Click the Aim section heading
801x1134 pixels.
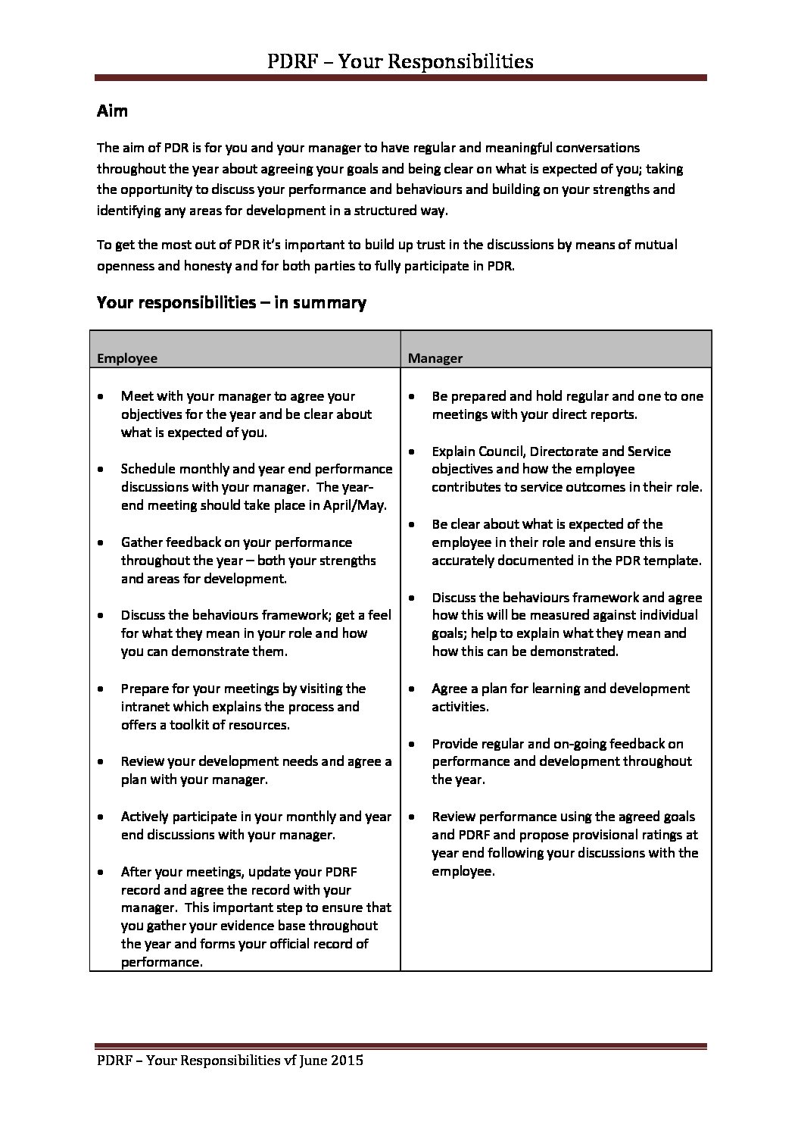click(x=112, y=111)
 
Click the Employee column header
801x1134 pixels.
click(x=127, y=358)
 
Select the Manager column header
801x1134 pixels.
click(x=435, y=358)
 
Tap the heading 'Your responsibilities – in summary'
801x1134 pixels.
click(x=232, y=303)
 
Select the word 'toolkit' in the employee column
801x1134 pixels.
click(x=185, y=725)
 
